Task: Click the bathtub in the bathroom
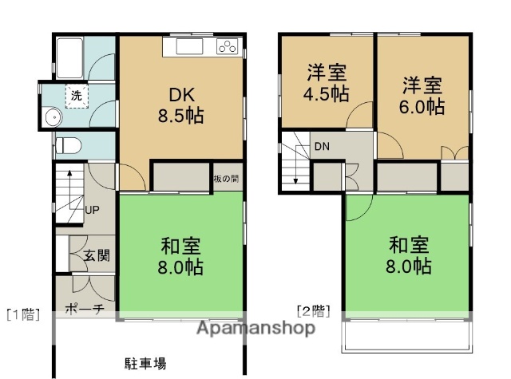click(x=71, y=57)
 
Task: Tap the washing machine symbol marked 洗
click(x=77, y=95)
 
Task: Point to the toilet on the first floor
click(x=69, y=145)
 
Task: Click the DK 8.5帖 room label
click(x=180, y=104)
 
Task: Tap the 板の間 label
click(x=226, y=178)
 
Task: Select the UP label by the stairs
click(x=93, y=210)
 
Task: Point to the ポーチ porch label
click(x=85, y=309)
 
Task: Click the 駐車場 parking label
click(x=145, y=364)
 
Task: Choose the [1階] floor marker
click(x=23, y=314)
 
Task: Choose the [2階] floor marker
click(x=312, y=310)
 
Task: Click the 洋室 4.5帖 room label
click(x=327, y=82)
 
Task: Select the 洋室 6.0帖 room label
click(x=422, y=95)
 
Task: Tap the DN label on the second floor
click(x=321, y=146)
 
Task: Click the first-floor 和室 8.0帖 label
click(x=180, y=255)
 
